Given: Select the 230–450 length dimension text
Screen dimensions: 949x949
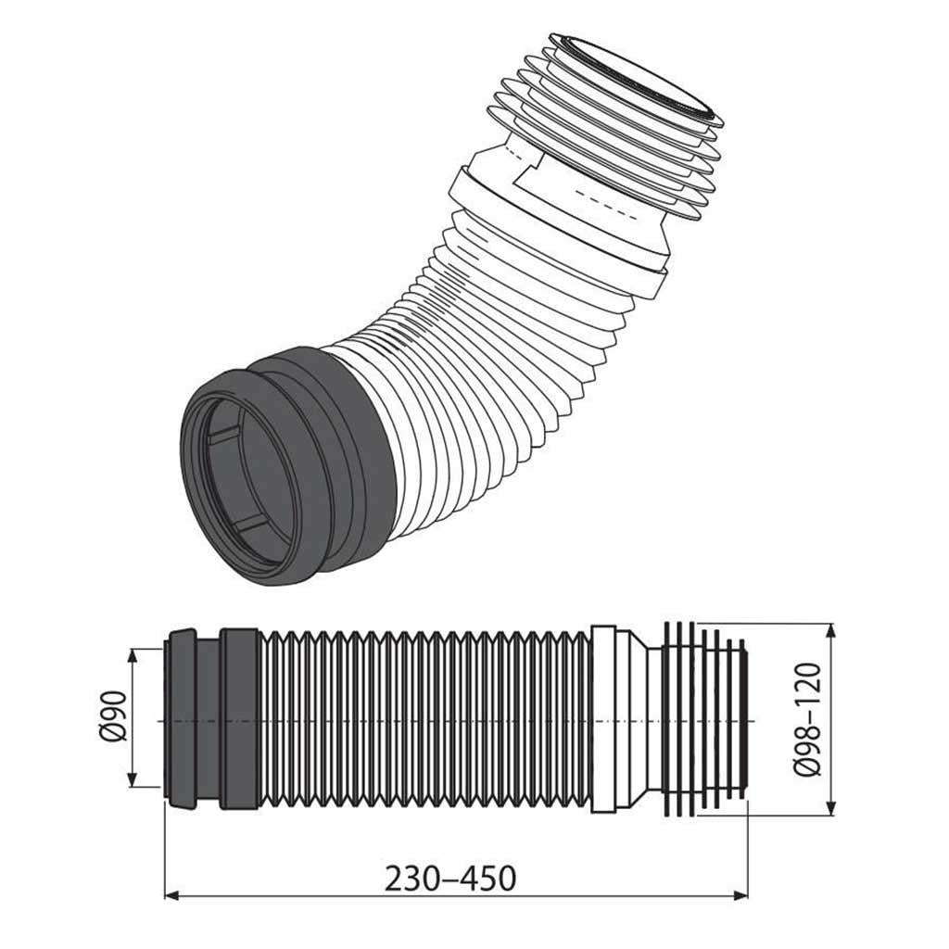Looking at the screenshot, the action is (450, 879).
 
